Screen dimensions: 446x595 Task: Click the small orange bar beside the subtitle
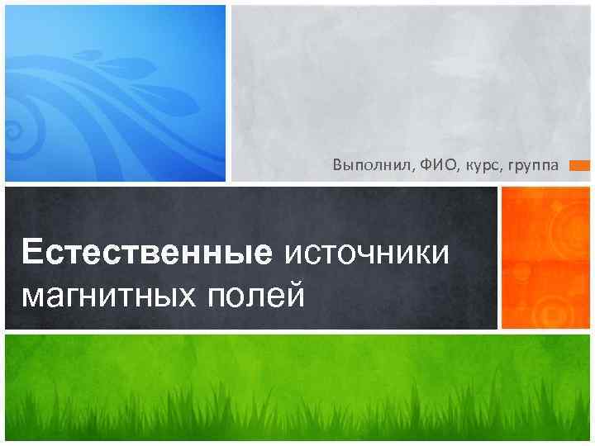[580, 166]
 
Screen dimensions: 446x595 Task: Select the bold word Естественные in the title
[147, 251]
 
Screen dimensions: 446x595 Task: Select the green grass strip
[297, 388]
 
